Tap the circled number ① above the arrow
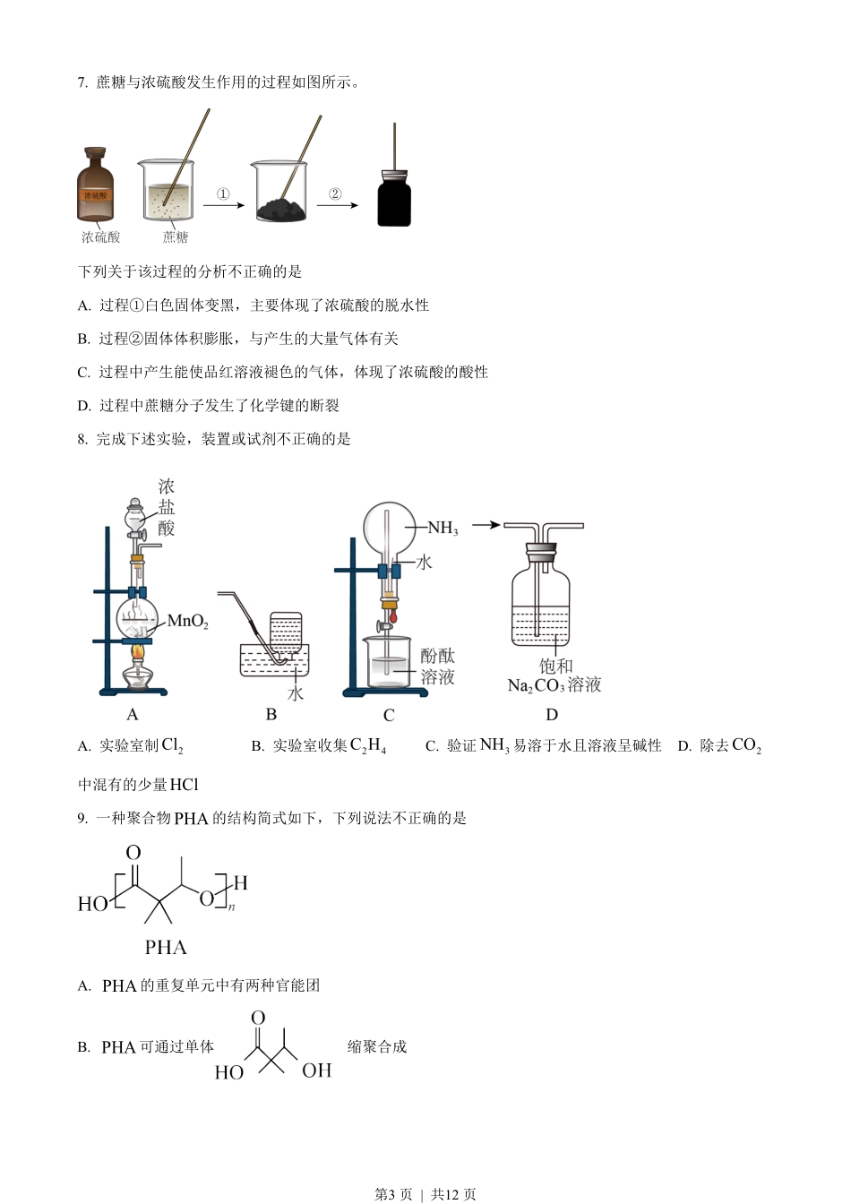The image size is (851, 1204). point(223,193)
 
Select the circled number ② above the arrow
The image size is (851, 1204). point(335,193)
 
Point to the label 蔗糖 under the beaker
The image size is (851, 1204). point(176,237)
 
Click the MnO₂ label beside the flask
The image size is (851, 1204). point(187,621)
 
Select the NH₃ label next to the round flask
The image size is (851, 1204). point(443,529)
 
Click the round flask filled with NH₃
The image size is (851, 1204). point(390,527)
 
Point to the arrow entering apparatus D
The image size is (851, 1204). point(486,525)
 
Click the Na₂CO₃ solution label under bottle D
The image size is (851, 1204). point(554,685)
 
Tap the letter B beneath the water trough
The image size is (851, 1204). point(271,714)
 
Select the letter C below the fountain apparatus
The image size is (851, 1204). point(389,715)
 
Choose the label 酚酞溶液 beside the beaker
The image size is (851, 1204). point(438,666)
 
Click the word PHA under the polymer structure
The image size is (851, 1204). point(166,947)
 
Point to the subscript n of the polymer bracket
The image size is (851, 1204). point(231,907)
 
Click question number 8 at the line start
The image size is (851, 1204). point(82,439)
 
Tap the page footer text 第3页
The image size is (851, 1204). point(393,1194)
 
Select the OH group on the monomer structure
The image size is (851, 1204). point(316,1071)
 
